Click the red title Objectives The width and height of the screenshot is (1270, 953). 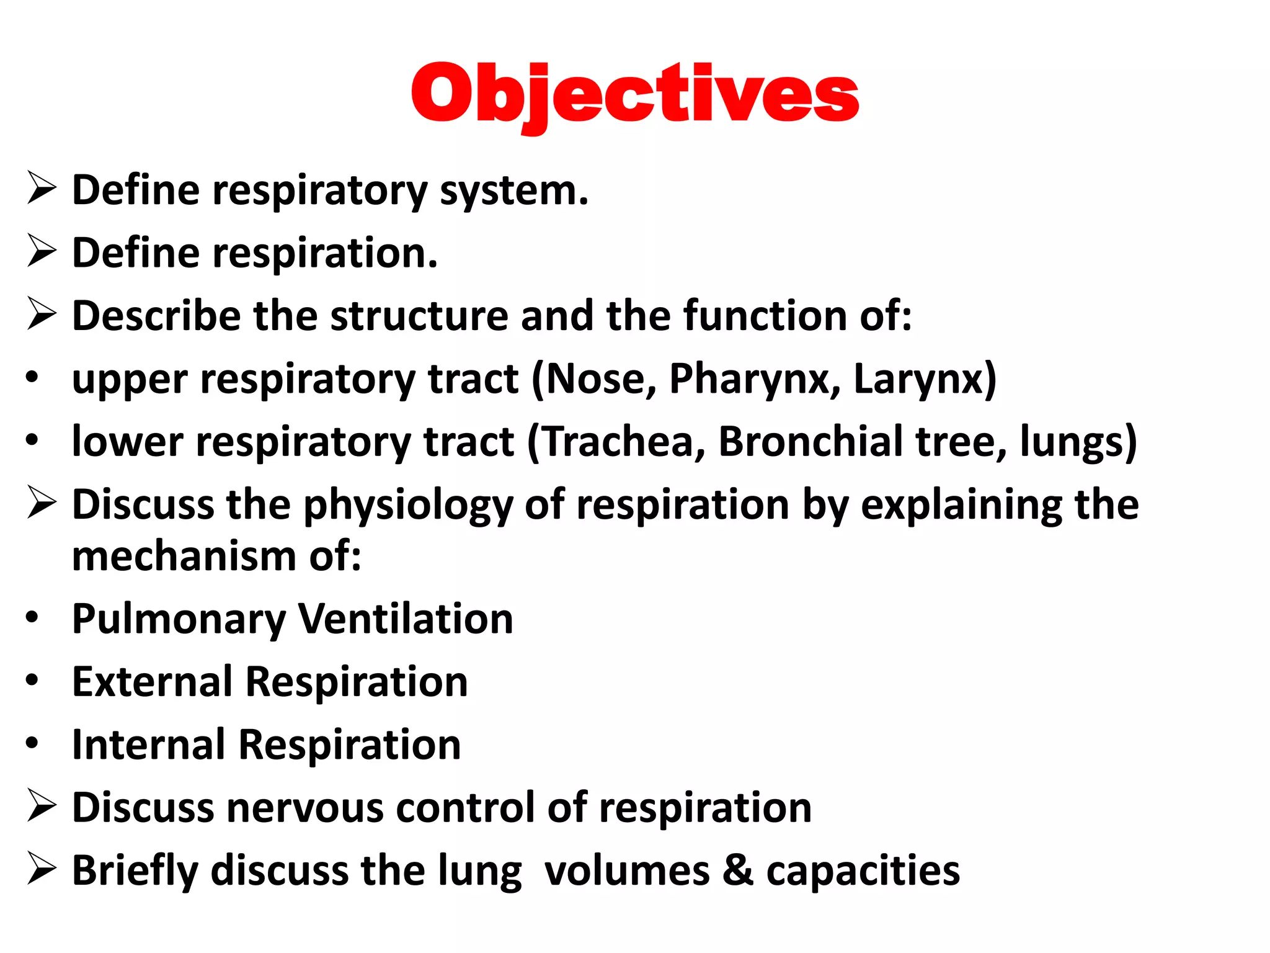click(x=634, y=94)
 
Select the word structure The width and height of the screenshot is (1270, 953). click(x=419, y=316)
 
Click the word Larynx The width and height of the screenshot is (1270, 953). click(x=924, y=379)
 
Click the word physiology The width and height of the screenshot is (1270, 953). click(x=408, y=505)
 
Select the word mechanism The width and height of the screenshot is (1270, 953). click(x=184, y=556)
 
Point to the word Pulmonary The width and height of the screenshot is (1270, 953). click(x=179, y=619)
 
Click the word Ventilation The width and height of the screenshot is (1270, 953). click(x=406, y=619)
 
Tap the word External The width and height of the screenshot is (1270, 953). click(x=152, y=682)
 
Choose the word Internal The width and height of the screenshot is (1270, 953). click(x=148, y=745)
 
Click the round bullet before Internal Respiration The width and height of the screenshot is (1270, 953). click(x=32, y=743)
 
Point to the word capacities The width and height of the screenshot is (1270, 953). click(x=863, y=870)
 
